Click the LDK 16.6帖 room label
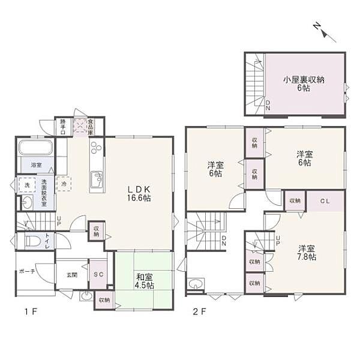point(138,193)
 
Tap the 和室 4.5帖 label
point(144,281)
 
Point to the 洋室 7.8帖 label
point(305,252)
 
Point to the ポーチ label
point(28,271)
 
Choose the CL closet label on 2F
point(323,200)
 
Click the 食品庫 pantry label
point(89,126)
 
